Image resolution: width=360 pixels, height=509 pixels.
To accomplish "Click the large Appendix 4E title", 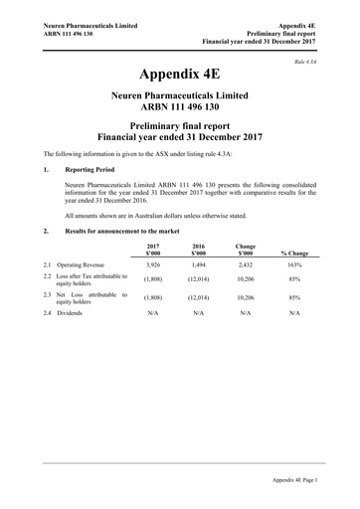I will tap(180, 75).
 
